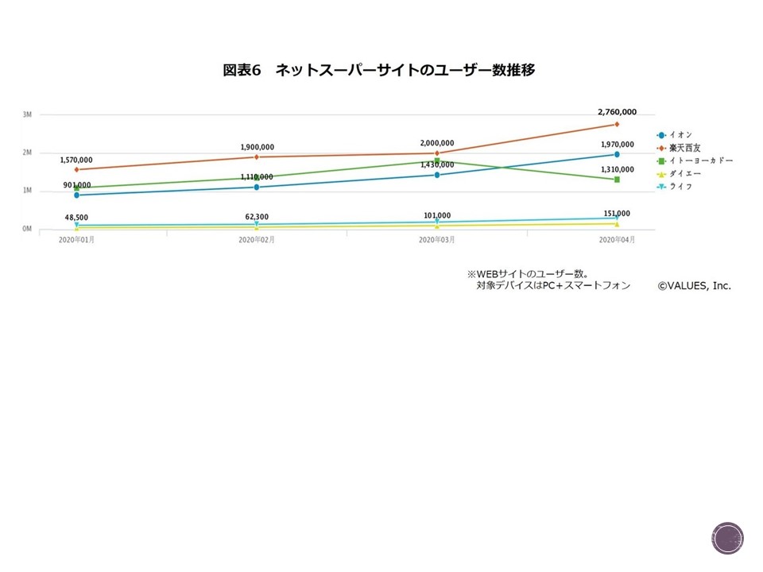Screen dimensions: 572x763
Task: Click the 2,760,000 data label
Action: tap(617, 113)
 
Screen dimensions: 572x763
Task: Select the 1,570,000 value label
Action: tap(76, 160)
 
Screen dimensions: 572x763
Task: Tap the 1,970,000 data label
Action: tap(617, 145)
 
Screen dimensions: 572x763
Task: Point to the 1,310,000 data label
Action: tap(617, 169)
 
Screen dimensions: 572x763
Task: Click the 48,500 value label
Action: tap(76, 216)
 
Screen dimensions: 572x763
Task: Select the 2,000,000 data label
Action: tap(437, 143)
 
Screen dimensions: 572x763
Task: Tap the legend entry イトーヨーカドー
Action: tap(699, 160)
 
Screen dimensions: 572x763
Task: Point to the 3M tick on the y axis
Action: tap(27, 114)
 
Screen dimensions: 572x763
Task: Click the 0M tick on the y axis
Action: tap(27, 229)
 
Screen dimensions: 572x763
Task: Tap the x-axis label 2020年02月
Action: tap(257, 239)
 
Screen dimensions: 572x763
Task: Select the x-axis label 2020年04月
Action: tap(617, 239)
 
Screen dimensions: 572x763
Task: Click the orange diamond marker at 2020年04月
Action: tap(617, 124)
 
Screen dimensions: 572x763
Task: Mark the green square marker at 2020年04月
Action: tap(617, 180)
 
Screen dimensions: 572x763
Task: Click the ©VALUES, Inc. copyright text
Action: tap(694, 285)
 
